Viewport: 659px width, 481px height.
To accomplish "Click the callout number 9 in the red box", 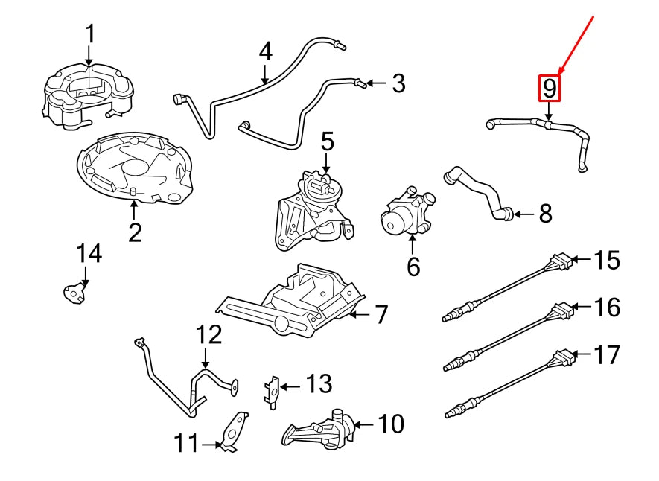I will point(549,89).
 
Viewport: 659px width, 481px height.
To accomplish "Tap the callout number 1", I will point(89,34).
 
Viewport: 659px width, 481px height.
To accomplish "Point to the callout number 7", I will point(381,315).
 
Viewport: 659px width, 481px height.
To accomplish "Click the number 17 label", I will point(608,354).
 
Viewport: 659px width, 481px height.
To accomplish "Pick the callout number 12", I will point(209,334).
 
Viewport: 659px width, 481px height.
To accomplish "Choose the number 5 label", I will point(328,140).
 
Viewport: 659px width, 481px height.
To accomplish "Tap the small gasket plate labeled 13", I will point(273,389).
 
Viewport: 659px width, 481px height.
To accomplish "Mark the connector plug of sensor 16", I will point(562,308).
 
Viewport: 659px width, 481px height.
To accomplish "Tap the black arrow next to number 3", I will point(376,83).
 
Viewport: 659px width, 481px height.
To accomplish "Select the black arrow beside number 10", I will point(363,425).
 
